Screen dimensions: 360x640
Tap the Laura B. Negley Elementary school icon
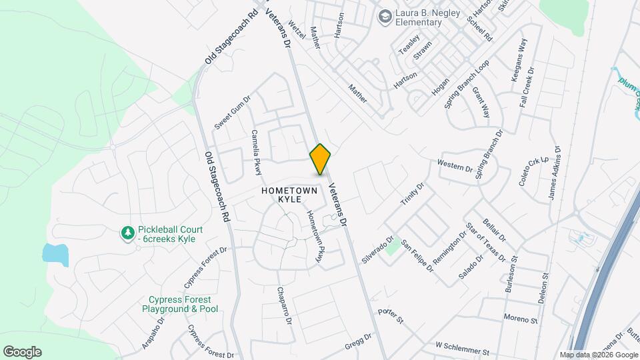tap(385, 15)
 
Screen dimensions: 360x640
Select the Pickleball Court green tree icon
tap(127, 233)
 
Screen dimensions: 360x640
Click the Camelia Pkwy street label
tap(256, 153)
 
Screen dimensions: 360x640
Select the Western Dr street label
tap(455, 164)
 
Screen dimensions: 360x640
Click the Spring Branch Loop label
tap(467, 85)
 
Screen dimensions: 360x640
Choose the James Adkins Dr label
tap(554, 173)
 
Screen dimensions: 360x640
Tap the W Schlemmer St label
tap(462, 348)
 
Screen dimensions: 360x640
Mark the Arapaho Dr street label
tap(152, 334)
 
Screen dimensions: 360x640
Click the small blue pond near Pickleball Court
tap(55, 255)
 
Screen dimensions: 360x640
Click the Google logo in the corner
tap(22, 351)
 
